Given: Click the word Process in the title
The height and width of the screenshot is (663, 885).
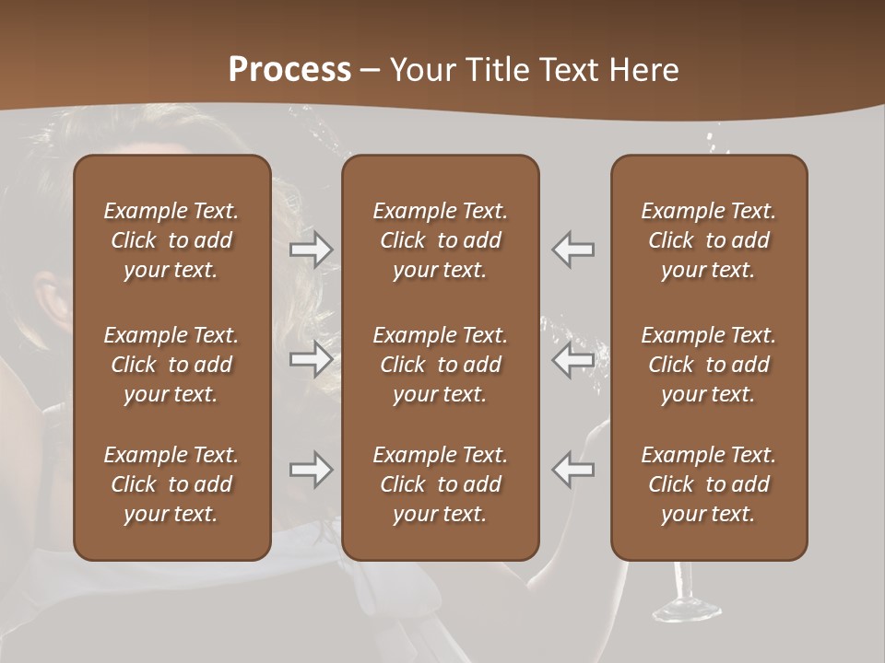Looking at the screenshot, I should pos(289,70).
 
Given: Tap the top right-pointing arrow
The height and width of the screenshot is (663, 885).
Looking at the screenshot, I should pos(311,250).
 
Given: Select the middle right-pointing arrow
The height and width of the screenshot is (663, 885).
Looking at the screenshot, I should pos(311,358).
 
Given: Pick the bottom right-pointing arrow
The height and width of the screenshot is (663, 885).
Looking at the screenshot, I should pos(311,470).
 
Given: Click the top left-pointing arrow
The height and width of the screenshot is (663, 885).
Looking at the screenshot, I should pos(573,250).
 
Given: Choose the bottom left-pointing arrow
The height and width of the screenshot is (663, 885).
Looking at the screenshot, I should pos(573,470).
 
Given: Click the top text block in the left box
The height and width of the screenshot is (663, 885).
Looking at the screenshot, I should pos(171,240).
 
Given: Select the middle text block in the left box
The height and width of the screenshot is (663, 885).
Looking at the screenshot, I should pos(171,365).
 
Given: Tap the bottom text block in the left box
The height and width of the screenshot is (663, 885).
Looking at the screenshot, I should pos(171,484).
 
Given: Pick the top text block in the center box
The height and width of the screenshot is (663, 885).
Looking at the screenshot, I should pos(440,240).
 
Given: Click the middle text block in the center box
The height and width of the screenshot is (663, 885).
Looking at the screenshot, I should pos(440,365).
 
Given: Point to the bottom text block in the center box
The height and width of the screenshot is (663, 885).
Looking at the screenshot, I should pos(440,484).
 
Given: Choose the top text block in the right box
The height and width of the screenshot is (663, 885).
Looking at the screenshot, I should pos(709,240).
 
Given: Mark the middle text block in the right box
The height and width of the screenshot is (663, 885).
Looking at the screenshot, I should pos(709,365).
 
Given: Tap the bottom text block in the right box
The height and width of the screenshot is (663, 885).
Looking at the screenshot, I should pos(709,484).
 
